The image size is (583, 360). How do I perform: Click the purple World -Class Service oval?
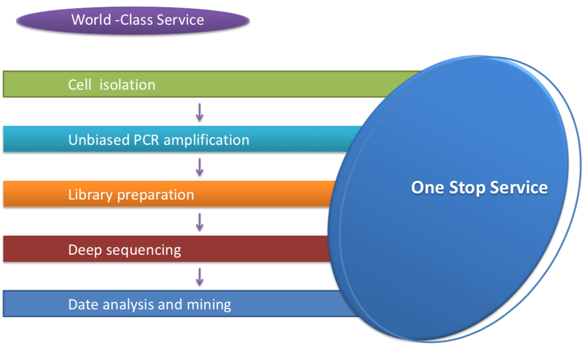(x=133, y=21)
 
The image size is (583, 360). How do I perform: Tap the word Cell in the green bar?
(x=80, y=85)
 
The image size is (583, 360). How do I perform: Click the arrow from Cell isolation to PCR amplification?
(x=200, y=112)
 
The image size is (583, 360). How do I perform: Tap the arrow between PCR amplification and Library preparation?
(x=200, y=167)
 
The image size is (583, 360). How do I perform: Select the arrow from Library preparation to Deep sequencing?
(x=200, y=222)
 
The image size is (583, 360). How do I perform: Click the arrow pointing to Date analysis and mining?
(x=200, y=276)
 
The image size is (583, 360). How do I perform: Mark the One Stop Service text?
(x=479, y=187)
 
